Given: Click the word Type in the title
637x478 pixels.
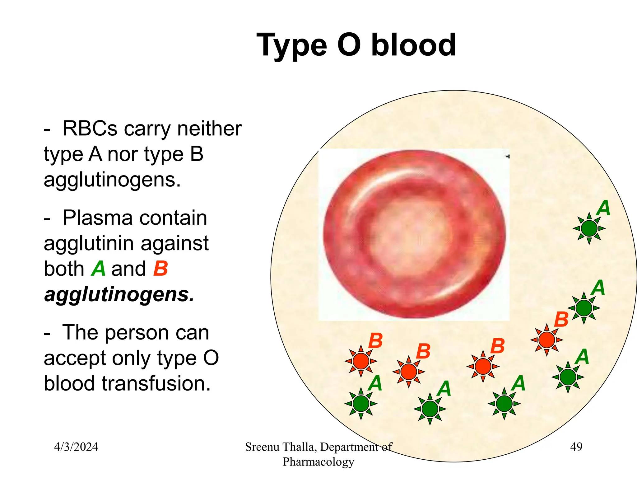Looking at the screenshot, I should [x=291, y=46].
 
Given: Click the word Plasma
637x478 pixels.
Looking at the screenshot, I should [x=135, y=218].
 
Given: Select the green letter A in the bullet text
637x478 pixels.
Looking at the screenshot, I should [x=99, y=268].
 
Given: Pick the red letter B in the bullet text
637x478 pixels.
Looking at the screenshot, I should [x=160, y=268].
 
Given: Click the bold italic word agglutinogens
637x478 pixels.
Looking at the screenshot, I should [x=119, y=294].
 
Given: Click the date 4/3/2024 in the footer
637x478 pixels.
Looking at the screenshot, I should [x=76, y=447].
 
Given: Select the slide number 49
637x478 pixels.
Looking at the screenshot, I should [x=576, y=447].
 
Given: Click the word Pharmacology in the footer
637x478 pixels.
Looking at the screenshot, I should [x=318, y=462].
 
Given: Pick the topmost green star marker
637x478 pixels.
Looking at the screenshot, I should [x=589, y=228].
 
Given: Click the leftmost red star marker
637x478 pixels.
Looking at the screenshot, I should [x=361, y=361].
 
